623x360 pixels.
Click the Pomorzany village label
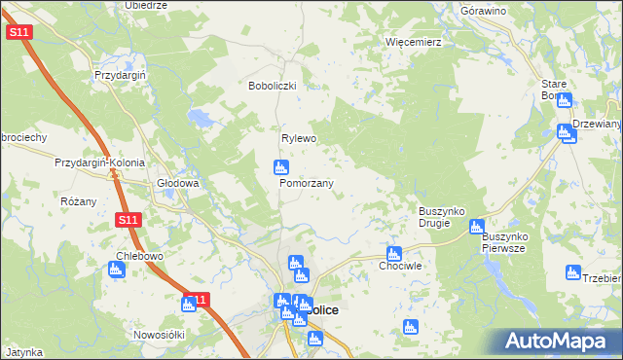307,183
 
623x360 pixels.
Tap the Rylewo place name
300,138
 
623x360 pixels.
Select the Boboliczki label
277,86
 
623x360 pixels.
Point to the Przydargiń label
120,75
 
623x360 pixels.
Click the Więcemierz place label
414,43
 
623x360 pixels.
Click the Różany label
78,201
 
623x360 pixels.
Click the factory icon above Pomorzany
279,167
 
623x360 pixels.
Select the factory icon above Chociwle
393,252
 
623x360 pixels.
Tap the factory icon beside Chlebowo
116,270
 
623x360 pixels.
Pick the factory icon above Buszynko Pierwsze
476,228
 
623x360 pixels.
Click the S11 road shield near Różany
128,220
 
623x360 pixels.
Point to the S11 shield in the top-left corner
18,32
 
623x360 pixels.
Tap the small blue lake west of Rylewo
202,119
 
